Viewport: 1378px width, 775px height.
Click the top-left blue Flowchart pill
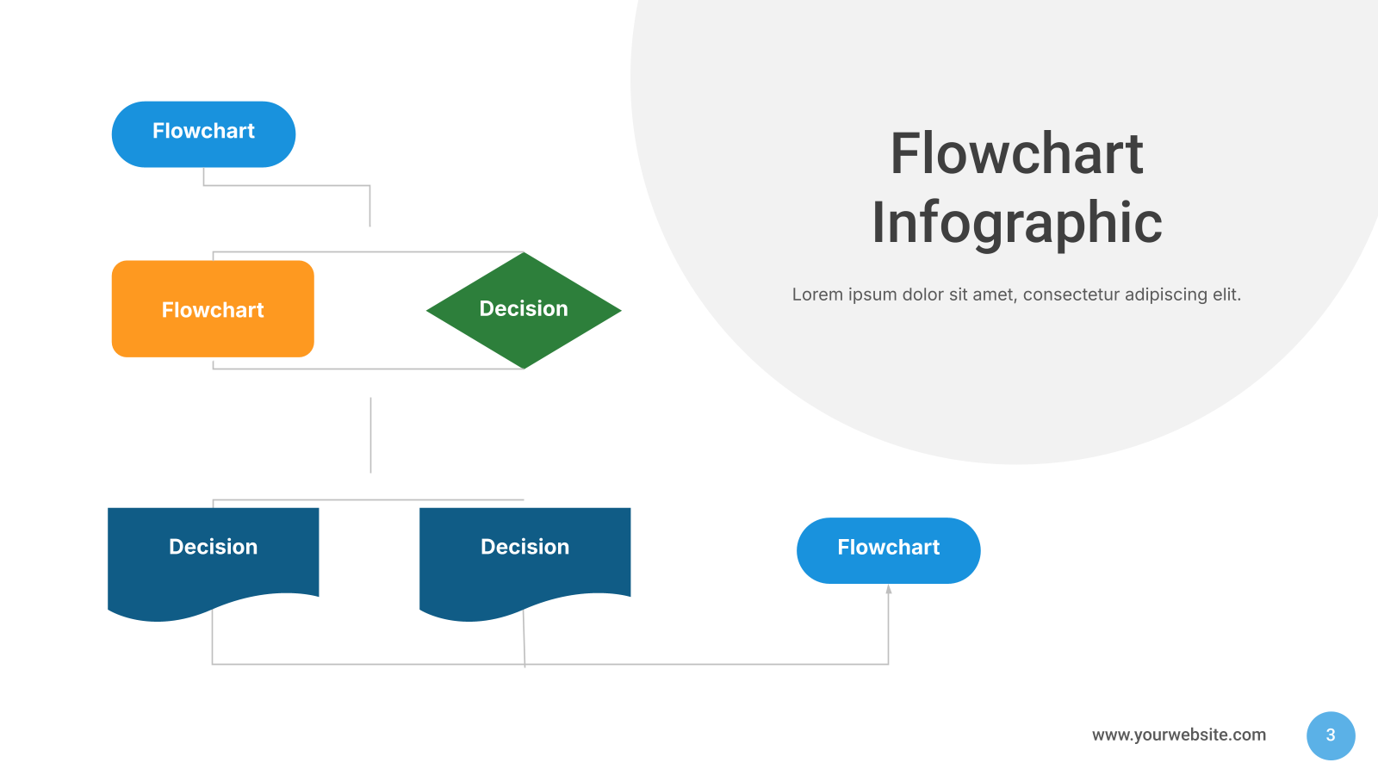tap(203, 134)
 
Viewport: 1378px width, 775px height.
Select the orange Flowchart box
tap(213, 309)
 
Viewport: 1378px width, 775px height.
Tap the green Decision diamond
tap(524, 310)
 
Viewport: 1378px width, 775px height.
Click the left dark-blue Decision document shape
tap(213, 563)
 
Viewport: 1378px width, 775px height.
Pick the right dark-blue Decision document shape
tap(525, 563)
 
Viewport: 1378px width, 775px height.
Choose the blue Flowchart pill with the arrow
tap(888, 550)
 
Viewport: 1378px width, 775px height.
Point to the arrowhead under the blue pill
tap(888, 589)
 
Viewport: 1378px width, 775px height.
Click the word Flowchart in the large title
tap(1017, 154)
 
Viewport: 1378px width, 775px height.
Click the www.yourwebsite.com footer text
tap(1179, 735)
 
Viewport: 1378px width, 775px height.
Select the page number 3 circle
tap(1331, 735)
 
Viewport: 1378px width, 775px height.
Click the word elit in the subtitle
tap(1226, 294)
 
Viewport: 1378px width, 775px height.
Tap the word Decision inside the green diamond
tap(524, 309)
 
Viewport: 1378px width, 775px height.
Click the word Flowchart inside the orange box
tap(213, 310)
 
